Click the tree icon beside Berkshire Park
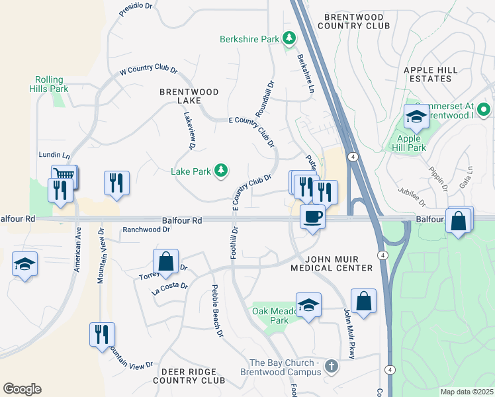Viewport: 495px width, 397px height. pyautogui.click(x=289, y=39)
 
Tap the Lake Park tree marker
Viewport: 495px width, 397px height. pyautogui.click(x=220, y=171)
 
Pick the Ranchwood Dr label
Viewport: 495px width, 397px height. pyautogui.click(x=146, y=230)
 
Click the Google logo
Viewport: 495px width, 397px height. pyautogui.click(x=22, y=389)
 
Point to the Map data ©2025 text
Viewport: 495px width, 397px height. pyautogui.click(x=466, y=392)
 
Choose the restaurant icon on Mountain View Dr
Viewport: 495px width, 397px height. pyautogui.click(x=102, y=333)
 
